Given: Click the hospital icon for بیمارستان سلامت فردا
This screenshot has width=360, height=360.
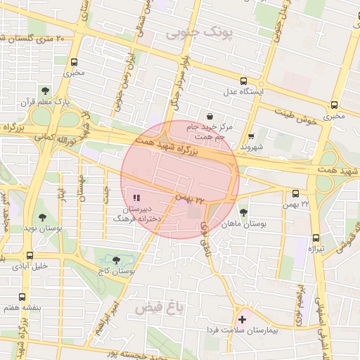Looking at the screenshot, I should point(243,319).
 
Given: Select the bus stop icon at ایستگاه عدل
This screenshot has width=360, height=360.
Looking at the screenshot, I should point(243,81).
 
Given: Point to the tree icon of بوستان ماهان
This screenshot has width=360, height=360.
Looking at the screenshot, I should point(243,212).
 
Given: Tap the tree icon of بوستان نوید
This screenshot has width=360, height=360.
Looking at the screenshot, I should point(42,218).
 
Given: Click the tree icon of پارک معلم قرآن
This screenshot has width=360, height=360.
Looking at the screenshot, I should point(46,91).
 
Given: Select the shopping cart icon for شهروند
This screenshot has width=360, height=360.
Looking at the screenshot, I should point(251,136).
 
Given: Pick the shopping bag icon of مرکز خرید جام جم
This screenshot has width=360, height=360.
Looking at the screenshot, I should point(209,116).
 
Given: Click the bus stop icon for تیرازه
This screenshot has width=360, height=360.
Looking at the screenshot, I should point(315,238).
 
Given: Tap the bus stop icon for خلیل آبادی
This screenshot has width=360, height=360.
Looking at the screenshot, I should point(30,255).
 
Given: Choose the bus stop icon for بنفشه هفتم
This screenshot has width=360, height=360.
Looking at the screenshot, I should point(22,297).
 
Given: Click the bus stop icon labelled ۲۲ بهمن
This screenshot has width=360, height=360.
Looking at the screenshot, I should point(295,193).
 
